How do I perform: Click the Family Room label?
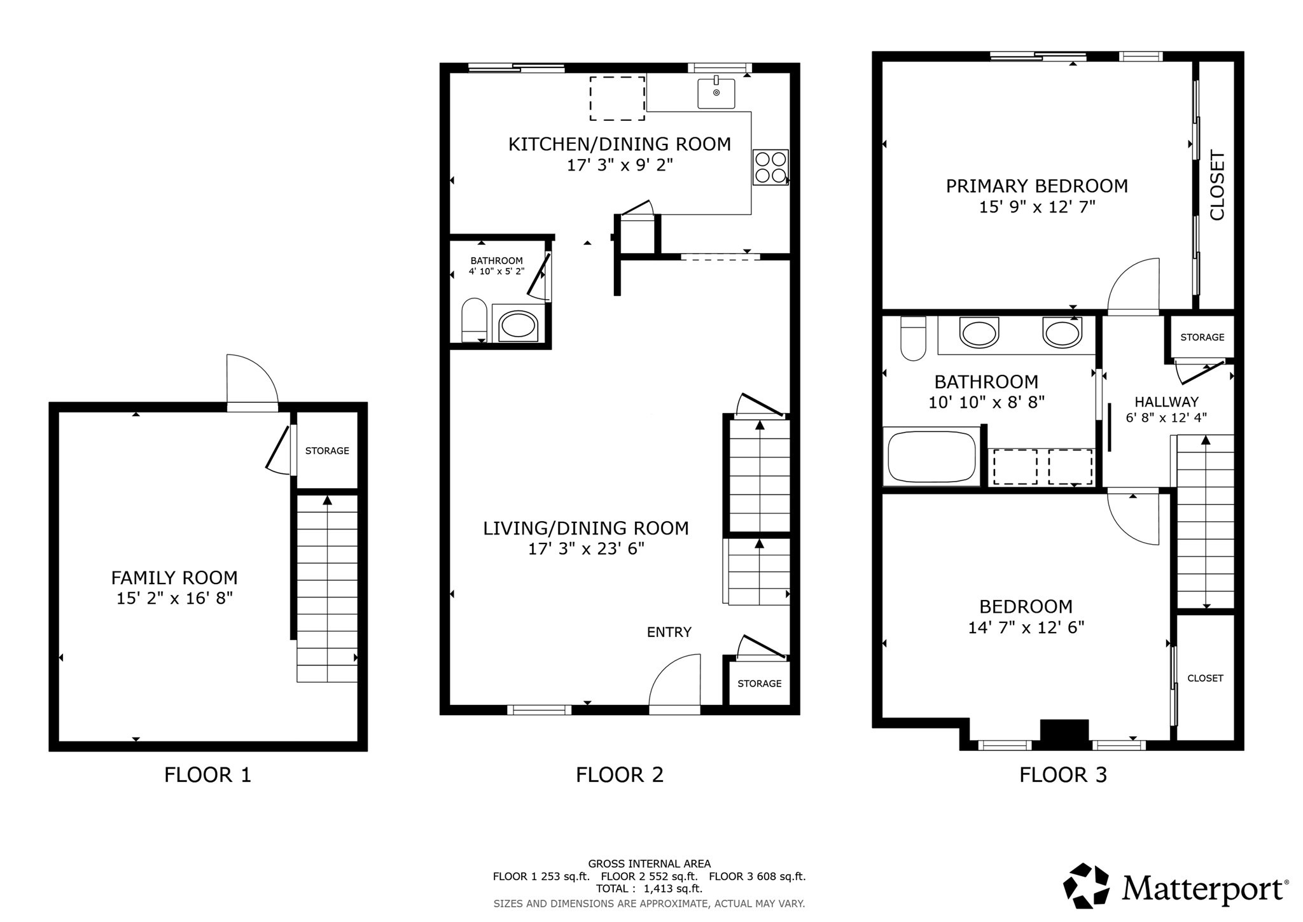pyautogui.click(x=174, y=578)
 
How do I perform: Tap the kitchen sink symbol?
pyautogui.click(x=716, y=93)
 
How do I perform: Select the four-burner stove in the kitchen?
pyautogui.click(x=770, y=167)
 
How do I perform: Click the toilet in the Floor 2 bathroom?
pyautogui.click(x=473, y=320)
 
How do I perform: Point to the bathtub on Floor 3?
pyautogui.click(x=931, y=457)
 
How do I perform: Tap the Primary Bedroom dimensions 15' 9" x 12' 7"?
pyautogui.click(x=1037, y=207)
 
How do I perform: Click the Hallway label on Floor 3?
pyautogui.click(x=1166, y=402)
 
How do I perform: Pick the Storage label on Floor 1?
pyautogui.click(x=327, y=451)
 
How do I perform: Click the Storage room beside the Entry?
pyautogui.click(x=759, y=683)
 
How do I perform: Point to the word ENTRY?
pyautogui.click(x=669, y=632)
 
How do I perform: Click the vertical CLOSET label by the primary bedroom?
pyautogui.click(x=1216, y=185)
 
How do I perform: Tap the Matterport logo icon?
pyautogui.click(x=1087, y=885)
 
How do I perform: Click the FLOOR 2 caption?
pyautogui.click(x=619, y=774)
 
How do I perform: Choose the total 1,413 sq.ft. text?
pyautogui.click(x=649, y=888)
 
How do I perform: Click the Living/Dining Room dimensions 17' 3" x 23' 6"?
pyautogui.click(x=586, y=548)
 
